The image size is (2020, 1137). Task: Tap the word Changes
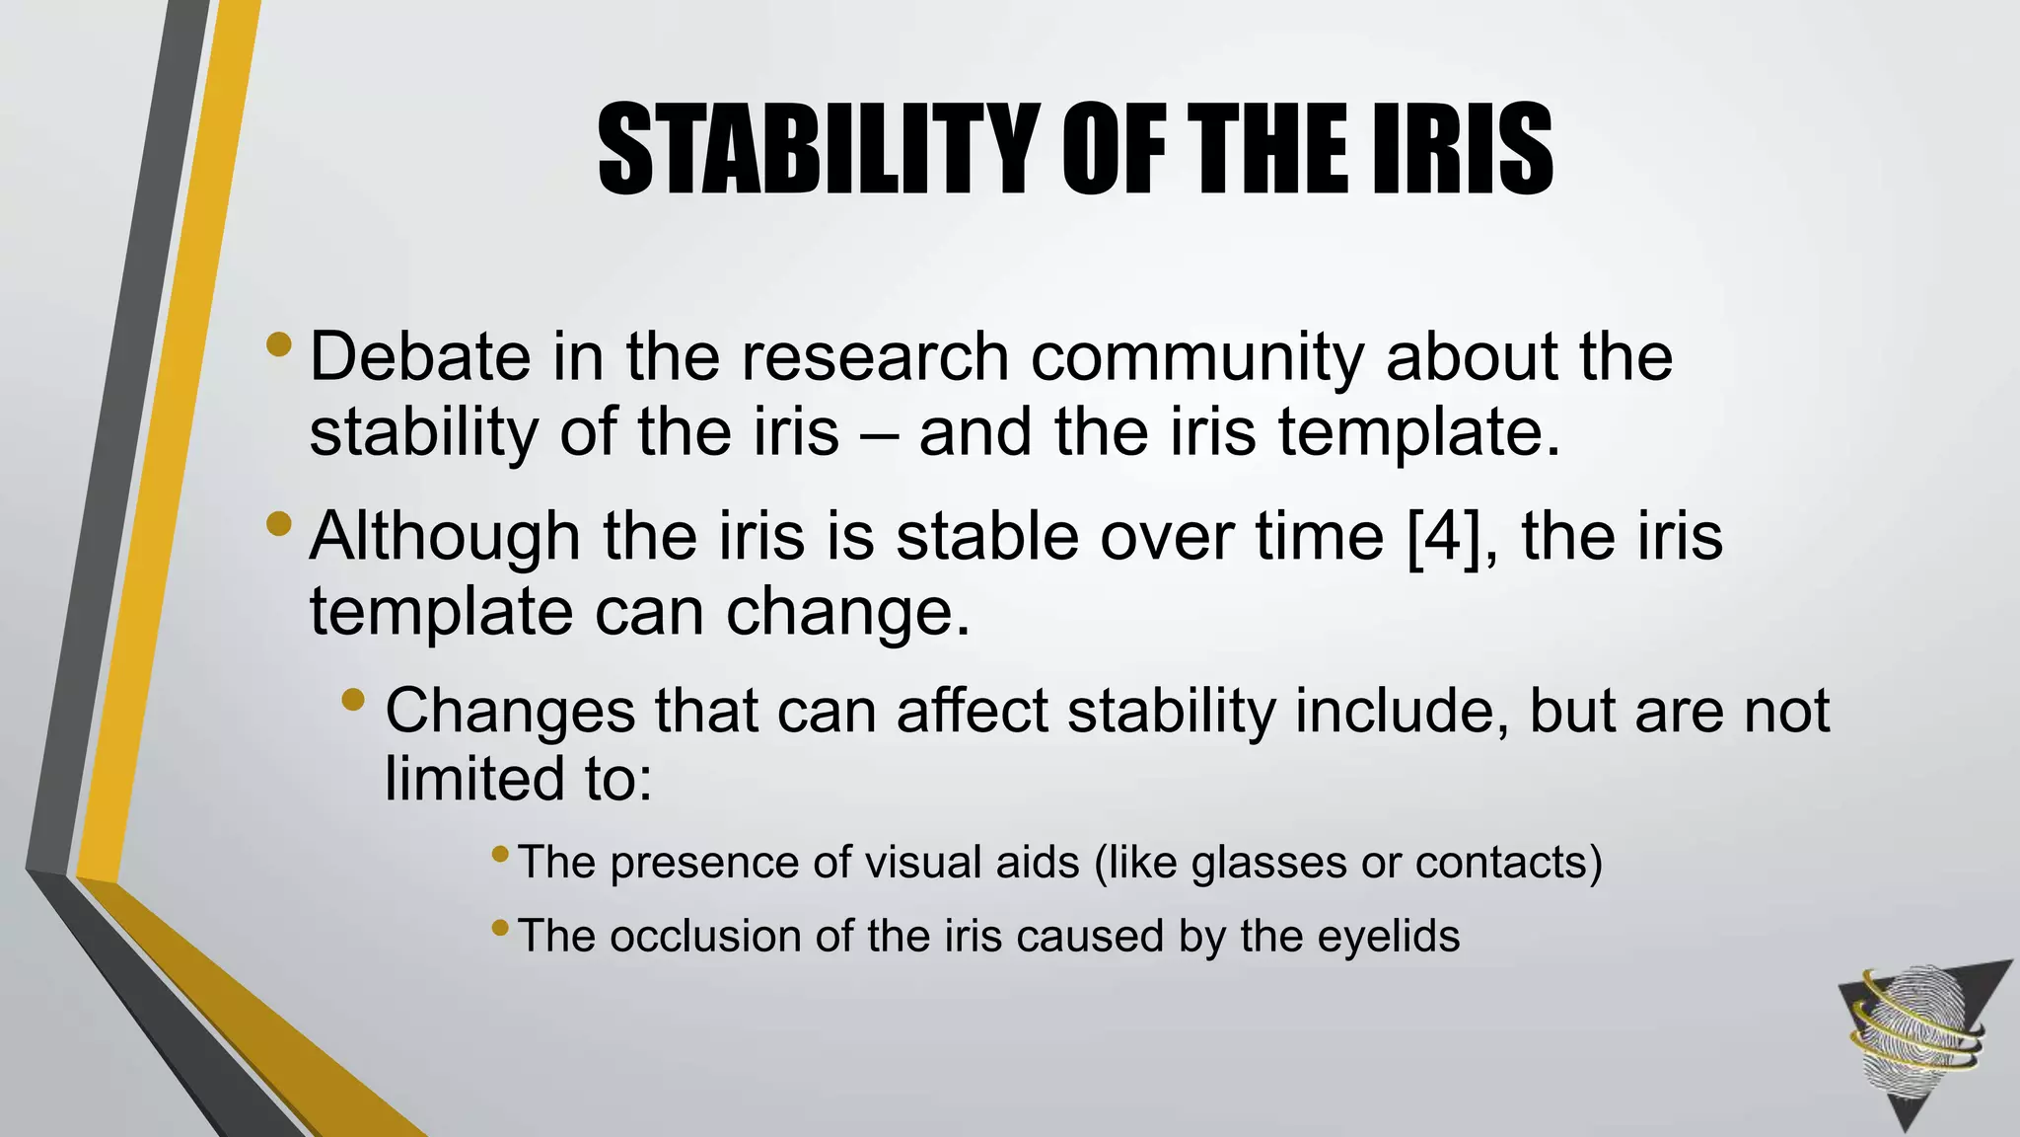click(x=510, y=711)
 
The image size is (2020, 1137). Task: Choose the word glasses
click(x=1268, y=863)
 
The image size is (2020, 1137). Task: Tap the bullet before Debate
click(x=279, y=344)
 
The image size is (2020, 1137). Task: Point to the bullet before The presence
click(x=500, y=852)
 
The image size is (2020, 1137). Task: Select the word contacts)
click(x=1508, y=863)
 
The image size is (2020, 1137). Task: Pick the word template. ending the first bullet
click(x=1419, y=434)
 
